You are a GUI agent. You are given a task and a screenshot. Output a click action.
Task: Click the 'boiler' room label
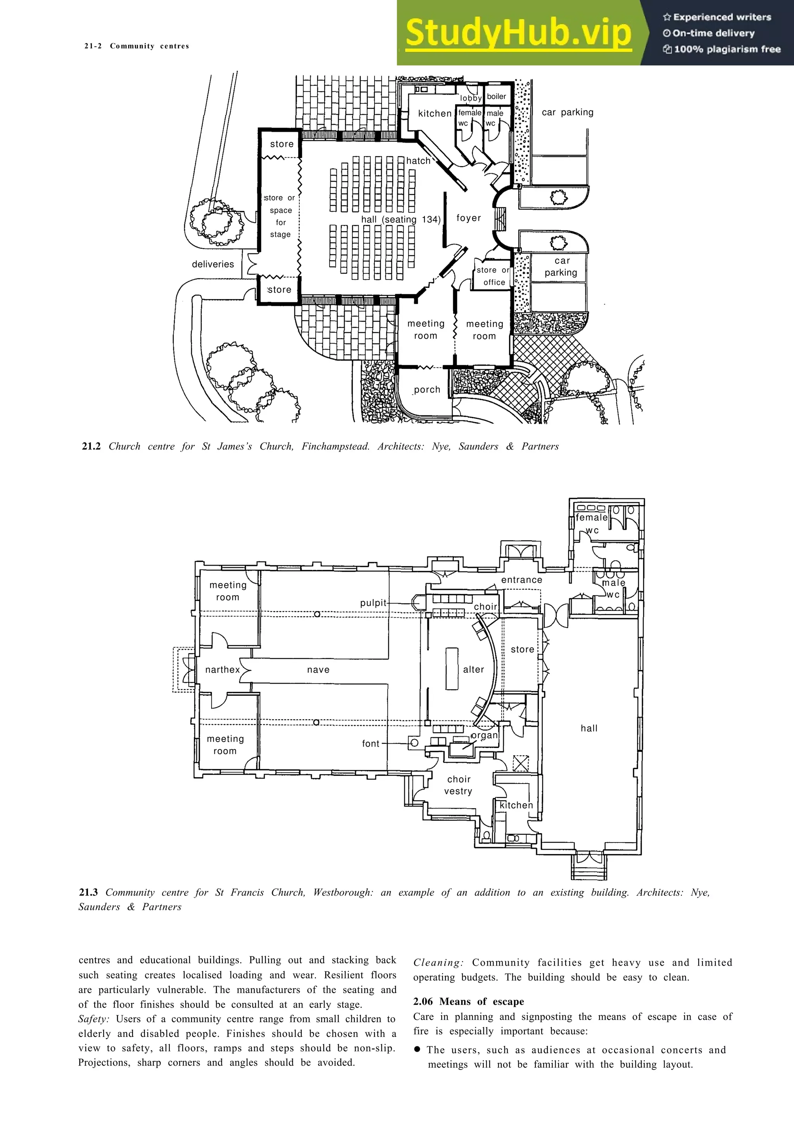pos(496,96)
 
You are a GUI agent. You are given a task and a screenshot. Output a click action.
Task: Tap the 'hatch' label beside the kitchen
pos(418,161)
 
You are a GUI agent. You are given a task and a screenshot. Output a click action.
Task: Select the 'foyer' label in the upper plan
pos(468,218)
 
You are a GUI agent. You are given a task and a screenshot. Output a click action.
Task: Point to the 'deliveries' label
pos(213,264)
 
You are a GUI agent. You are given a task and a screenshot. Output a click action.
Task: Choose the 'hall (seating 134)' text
pos(400,220)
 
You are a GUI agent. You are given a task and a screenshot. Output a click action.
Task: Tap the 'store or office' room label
pos(493,276)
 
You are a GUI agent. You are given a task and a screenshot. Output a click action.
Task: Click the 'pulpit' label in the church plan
pos(373,603)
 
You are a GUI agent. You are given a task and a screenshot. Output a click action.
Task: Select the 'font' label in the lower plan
pos(370,744)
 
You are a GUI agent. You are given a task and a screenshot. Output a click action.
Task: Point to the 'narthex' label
pos(223,670)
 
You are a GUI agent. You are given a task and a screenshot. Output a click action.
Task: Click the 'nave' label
pos(318,670)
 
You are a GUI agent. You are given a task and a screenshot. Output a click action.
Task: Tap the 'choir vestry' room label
pos(458,785)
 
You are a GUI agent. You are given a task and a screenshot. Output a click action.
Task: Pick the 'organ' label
pos(484,735)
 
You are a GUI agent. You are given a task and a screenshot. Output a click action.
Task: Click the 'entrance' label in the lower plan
pos(521,580)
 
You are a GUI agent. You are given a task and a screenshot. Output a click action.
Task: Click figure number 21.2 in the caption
pos(91,446)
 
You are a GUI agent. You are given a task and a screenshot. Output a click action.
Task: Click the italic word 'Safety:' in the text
pos(94,1019)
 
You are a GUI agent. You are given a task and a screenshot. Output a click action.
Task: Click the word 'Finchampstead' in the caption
pos(335,446)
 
